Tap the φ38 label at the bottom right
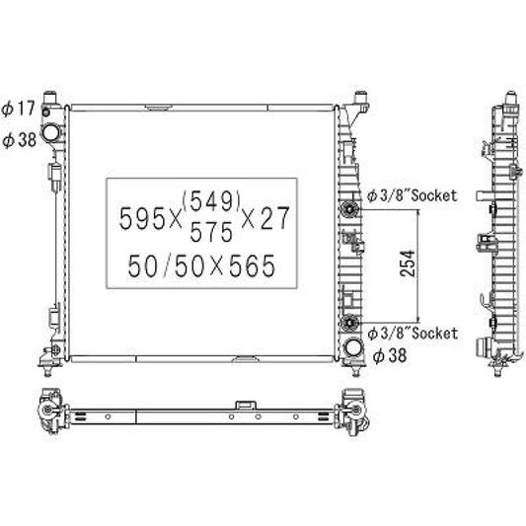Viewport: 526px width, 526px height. coord(389,355)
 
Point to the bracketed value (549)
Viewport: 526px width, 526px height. coord(212,201)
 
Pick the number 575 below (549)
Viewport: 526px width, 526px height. coord(212,233)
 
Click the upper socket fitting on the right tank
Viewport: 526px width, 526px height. coord(349,209)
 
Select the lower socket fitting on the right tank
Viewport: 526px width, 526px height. coord(349,322)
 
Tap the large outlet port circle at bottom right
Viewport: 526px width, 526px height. coord(352,347)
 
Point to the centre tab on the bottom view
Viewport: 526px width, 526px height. coord(244,404)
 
